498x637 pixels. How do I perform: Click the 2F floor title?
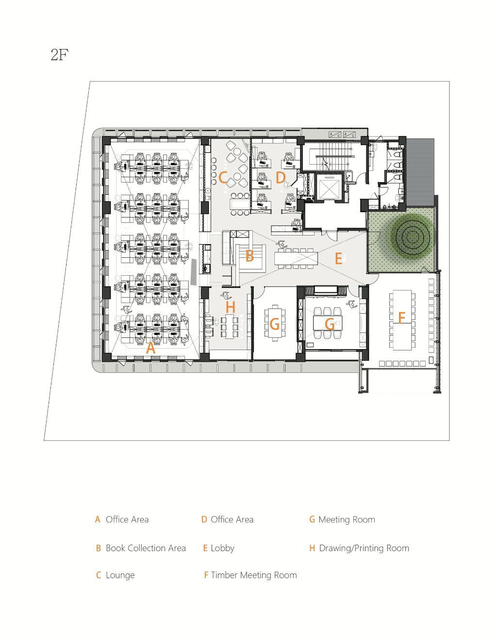tap(60, 54)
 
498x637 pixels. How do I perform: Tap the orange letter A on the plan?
tap(150, 348)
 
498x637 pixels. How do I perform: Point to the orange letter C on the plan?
tap(223, 178)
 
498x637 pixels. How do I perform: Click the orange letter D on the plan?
tap(281, 177)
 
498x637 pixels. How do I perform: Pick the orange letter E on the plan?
tap(338, 259)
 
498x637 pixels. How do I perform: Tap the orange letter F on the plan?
tap(401, 317)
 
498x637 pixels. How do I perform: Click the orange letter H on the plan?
tap(231, 307)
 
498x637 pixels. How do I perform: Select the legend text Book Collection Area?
tap(146, 548)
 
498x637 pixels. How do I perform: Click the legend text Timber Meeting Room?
tap(254, 575)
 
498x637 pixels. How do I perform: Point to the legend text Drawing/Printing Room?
tap(364, 548)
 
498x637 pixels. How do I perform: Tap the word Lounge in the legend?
tap(120, 575)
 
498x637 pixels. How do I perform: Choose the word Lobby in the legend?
tap(223, 548)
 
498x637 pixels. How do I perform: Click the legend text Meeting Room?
tap(347, 520)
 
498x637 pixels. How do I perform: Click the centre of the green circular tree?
tap(412, 236)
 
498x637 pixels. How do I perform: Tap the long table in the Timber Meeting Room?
tap(401, 320)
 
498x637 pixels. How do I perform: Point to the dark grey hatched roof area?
tap(419, 172)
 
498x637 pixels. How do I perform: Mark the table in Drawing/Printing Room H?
tap(230, 325)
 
